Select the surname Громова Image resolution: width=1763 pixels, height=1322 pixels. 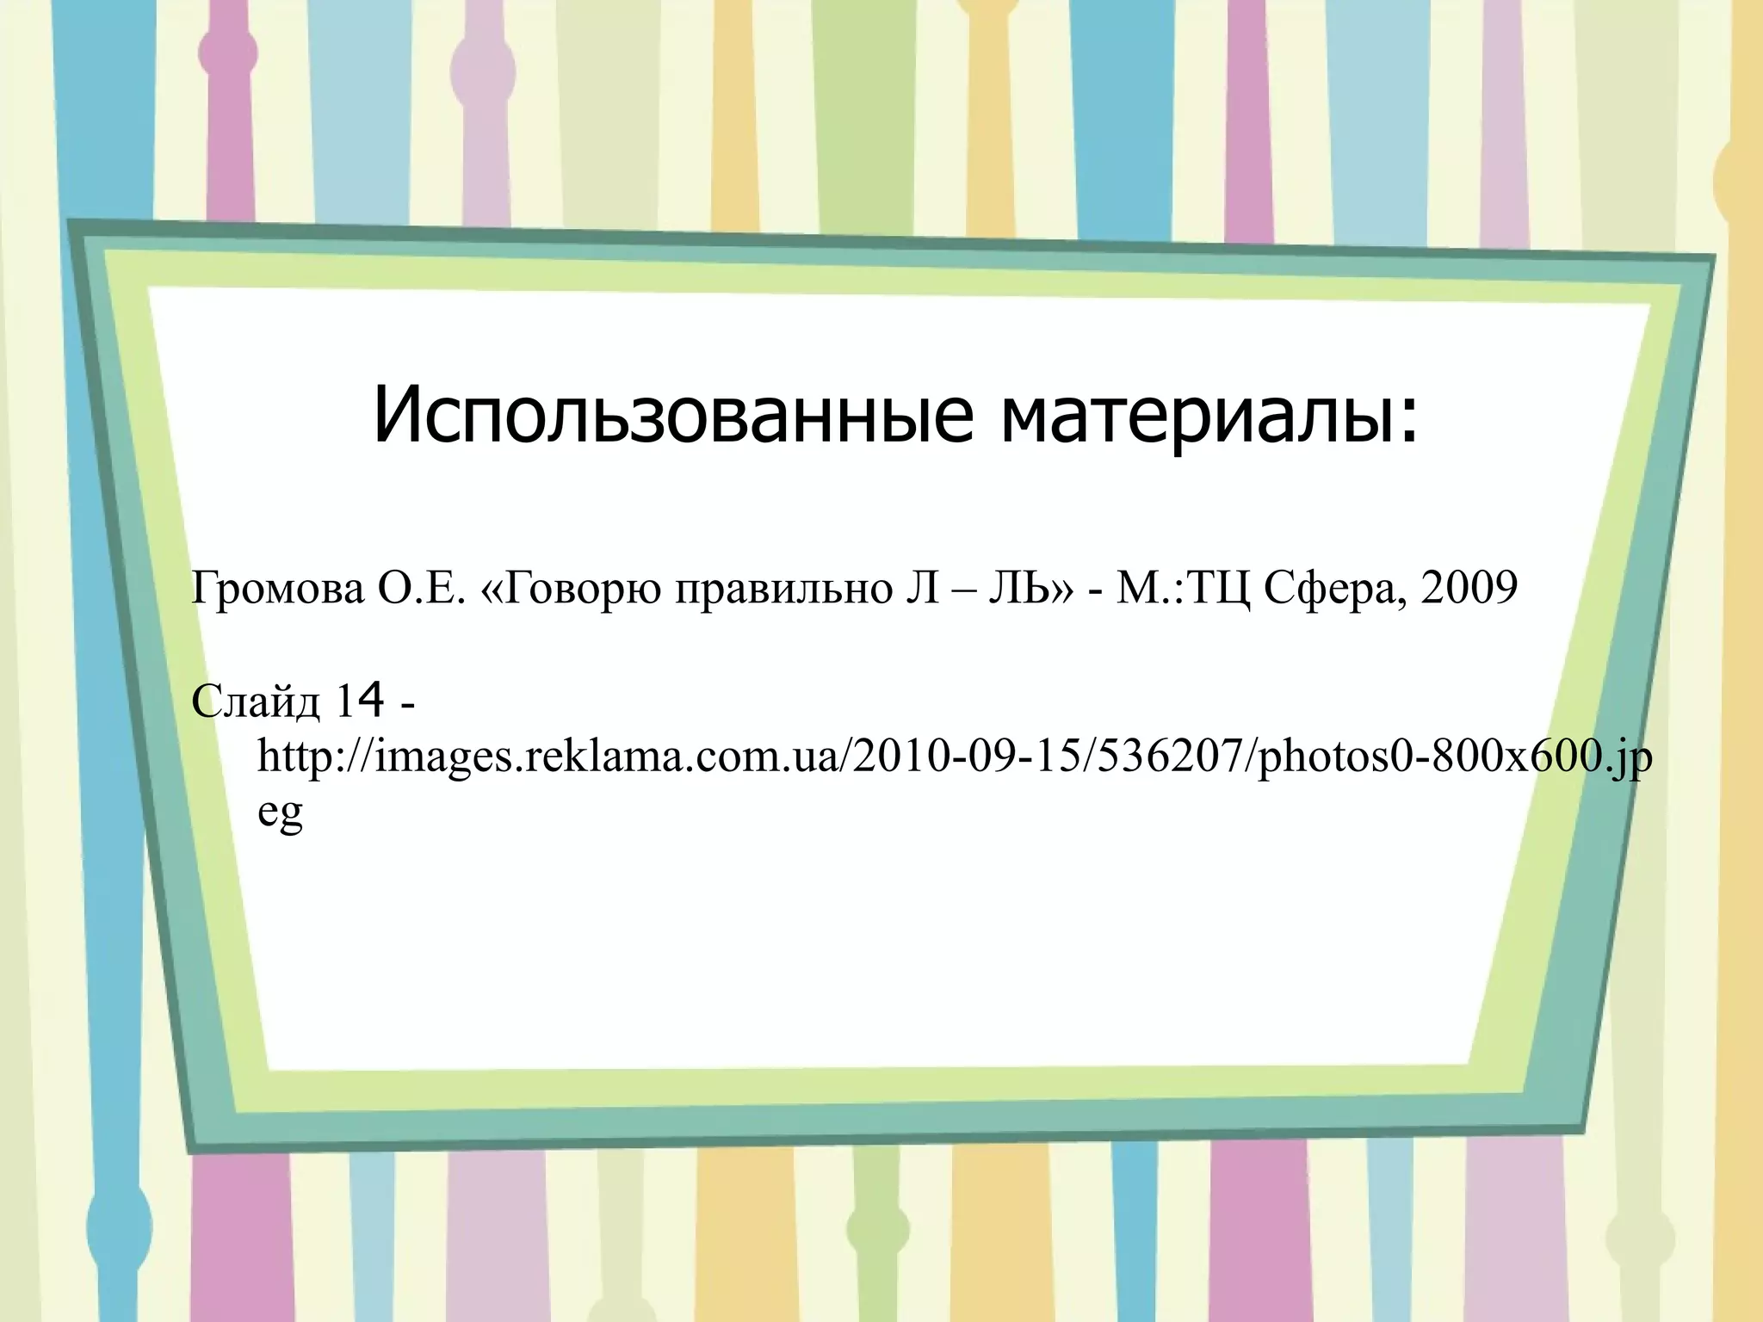278,590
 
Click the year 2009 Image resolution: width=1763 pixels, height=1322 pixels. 1469,588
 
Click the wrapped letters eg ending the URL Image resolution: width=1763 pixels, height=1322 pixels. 281,814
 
